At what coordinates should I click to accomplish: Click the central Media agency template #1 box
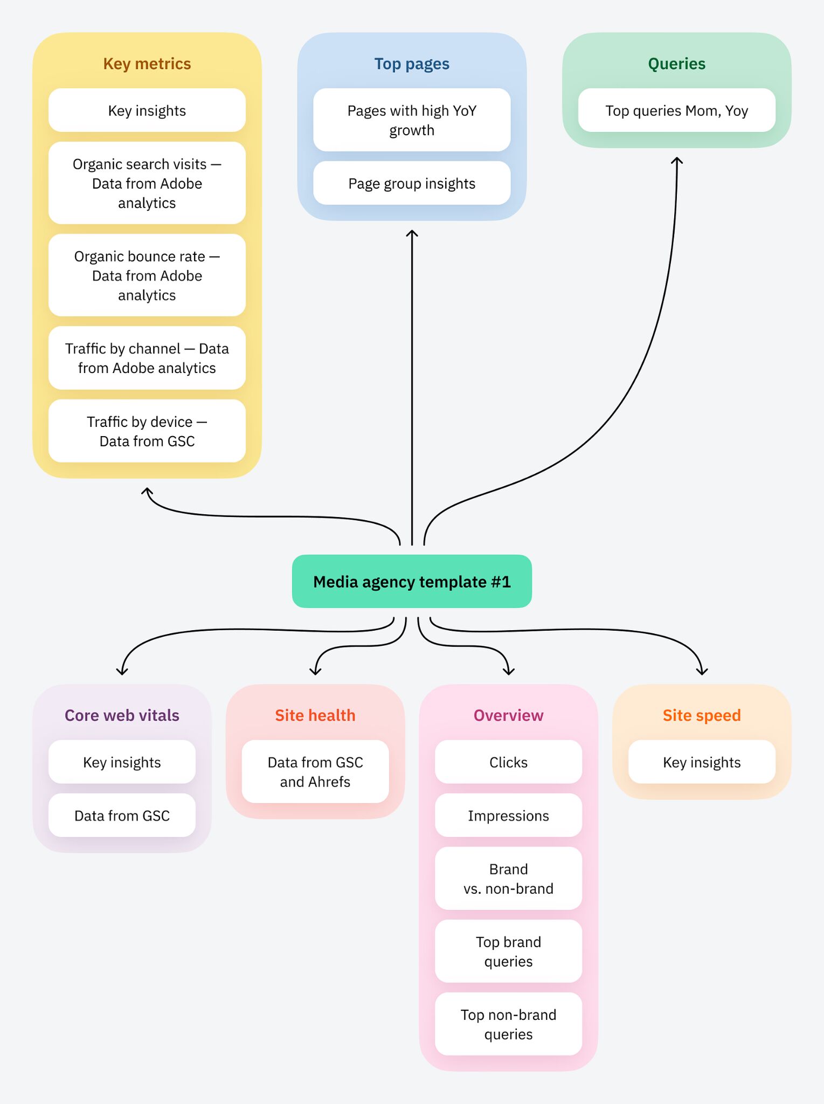tap(412, 581)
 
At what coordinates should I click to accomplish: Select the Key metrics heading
tap(147, 64)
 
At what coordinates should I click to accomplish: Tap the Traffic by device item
tap(147, 431)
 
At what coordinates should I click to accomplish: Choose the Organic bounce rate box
tap(147, 275)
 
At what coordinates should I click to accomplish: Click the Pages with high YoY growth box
tap(412, 120)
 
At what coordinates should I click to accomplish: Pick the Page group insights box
tap(412, 183)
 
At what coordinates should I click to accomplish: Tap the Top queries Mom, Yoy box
tap(676, 111)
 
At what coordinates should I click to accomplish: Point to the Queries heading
tap(676, 64)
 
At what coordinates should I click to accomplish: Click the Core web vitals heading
tap(122, 715)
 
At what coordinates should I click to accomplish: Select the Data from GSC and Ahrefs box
tap(315, 771)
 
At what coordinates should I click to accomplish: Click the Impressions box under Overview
tap(508, 815)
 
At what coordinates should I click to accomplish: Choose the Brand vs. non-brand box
tap(508, 878)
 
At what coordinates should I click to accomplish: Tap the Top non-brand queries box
tap(508, 1024)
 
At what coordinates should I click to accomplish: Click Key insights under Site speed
tap(702, 762)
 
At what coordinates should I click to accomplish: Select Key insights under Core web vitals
tap(122, 762)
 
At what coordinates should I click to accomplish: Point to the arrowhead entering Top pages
tap(412, 233)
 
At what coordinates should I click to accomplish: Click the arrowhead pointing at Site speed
tap(702, 672)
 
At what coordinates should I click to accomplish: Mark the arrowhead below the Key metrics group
tap(147, 491)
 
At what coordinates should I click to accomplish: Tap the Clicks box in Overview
tap(508, 762)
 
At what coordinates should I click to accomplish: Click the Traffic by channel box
tap(147, 358)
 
